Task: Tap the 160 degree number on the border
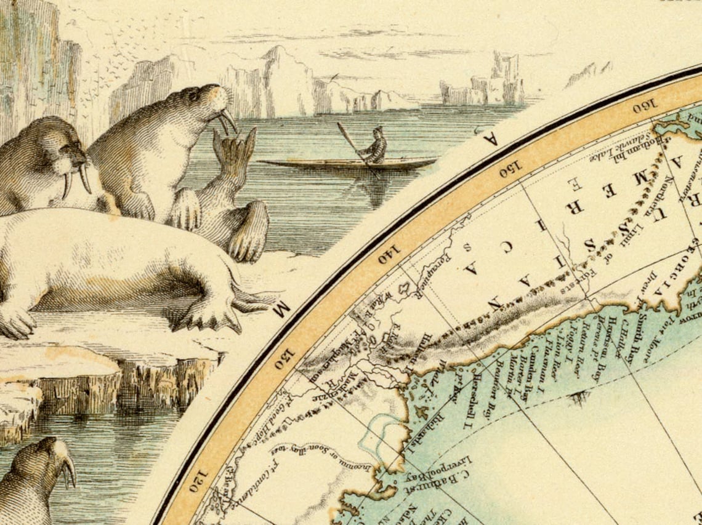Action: pyautogui.click(x=643, y=108)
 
